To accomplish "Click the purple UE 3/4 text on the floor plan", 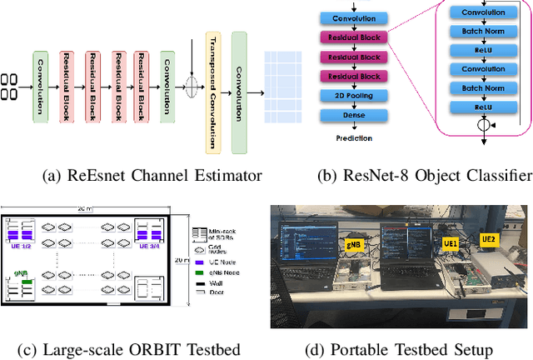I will tap(149, 246).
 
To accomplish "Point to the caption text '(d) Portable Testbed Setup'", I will tap(398, 347).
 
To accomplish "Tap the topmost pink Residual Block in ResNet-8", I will tap(352, 37).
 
